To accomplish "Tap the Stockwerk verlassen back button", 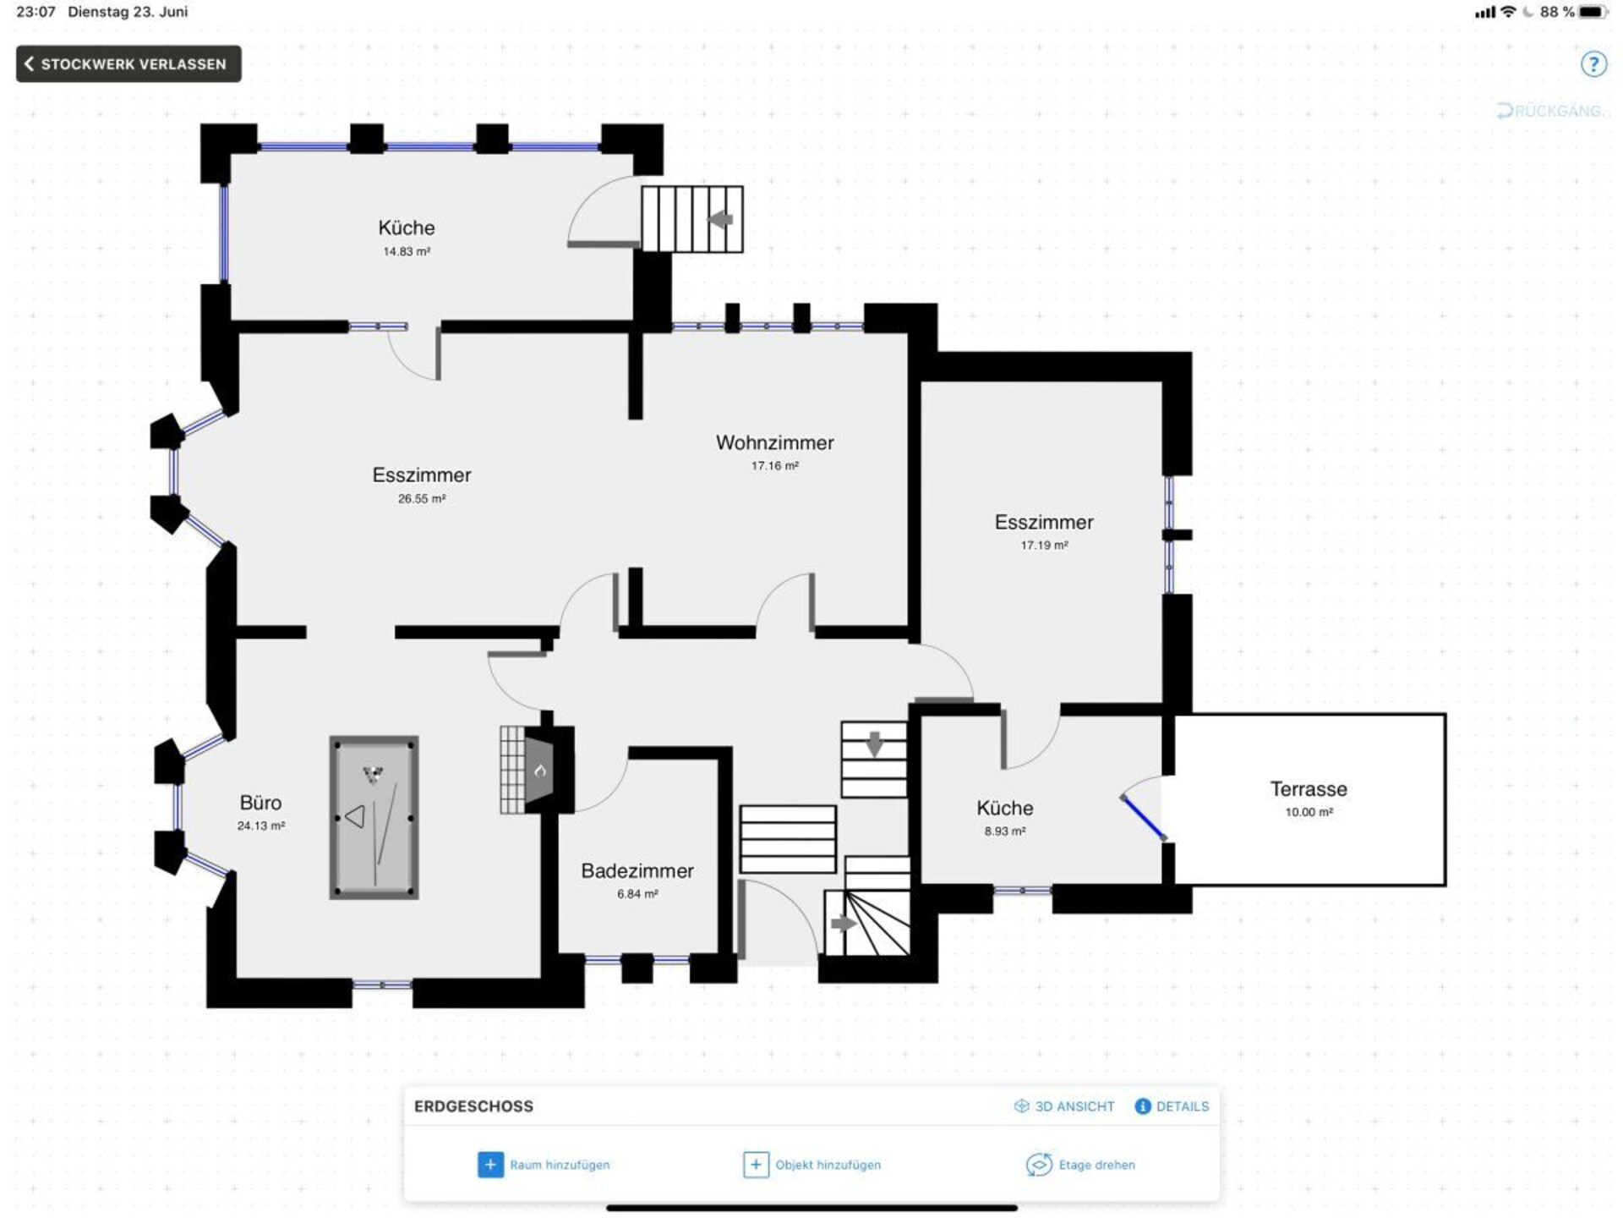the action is coord(128,64).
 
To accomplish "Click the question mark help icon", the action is coord(1593,64).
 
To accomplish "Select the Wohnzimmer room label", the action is coord(774,442).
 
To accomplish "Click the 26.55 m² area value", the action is coord(422,499).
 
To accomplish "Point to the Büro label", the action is coord(260,803).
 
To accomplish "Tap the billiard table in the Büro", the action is coord(374,817).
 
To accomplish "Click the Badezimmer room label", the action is coord(637,871).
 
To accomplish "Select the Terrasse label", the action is coord(1309,789).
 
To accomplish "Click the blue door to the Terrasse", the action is coord(1143,817).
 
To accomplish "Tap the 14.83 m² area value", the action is coord(407,251).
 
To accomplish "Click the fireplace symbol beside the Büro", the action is coord(538,770).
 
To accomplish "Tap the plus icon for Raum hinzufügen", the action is coord(490,1165).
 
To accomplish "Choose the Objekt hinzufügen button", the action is coord(811,1165).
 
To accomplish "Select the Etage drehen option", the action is coord(1080,1165).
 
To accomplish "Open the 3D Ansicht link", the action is coord(1064,1106).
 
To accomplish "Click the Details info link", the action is coord(1172,1106).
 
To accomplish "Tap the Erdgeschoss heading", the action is coord(473,1106).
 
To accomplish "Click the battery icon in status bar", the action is coord(1593,12).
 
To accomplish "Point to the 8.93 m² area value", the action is coord(1005,831).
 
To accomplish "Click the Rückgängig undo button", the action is coord(1549,111).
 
